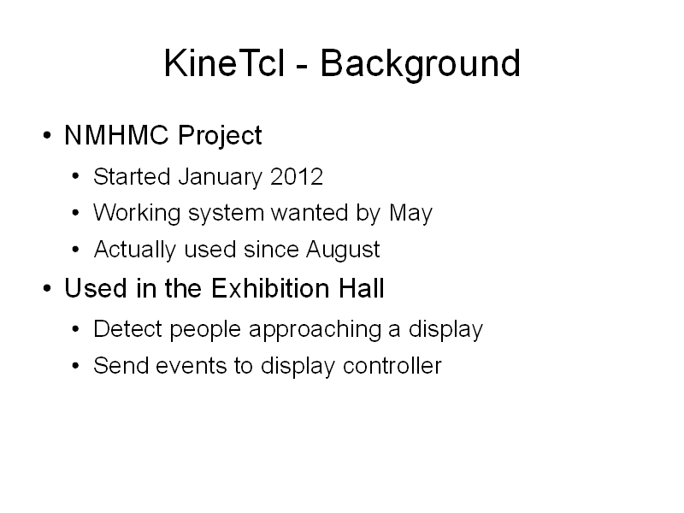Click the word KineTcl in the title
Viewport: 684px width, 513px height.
point(225,63)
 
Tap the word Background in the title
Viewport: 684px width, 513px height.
point(421,65)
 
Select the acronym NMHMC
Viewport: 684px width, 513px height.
point(116,135)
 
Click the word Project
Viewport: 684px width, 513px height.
point(220,136)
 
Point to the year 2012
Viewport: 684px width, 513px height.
point(297,177)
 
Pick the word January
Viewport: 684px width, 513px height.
point(221,178)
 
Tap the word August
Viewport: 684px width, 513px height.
point(343,251)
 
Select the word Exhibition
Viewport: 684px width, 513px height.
point(270,288)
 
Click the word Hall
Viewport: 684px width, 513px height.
point(362,288)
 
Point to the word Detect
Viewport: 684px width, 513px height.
point(127,328)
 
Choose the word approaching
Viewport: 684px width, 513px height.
point(315,330)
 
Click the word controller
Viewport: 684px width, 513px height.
point(392,366)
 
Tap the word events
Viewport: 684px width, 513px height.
point(191,366)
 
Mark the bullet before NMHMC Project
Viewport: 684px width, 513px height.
point(47,135)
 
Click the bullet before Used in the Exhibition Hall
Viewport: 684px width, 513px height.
point(47,288)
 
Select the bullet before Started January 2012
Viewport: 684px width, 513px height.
point(76,177)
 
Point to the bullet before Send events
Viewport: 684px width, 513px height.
point(76,366)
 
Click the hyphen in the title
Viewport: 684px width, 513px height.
point(303,68)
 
